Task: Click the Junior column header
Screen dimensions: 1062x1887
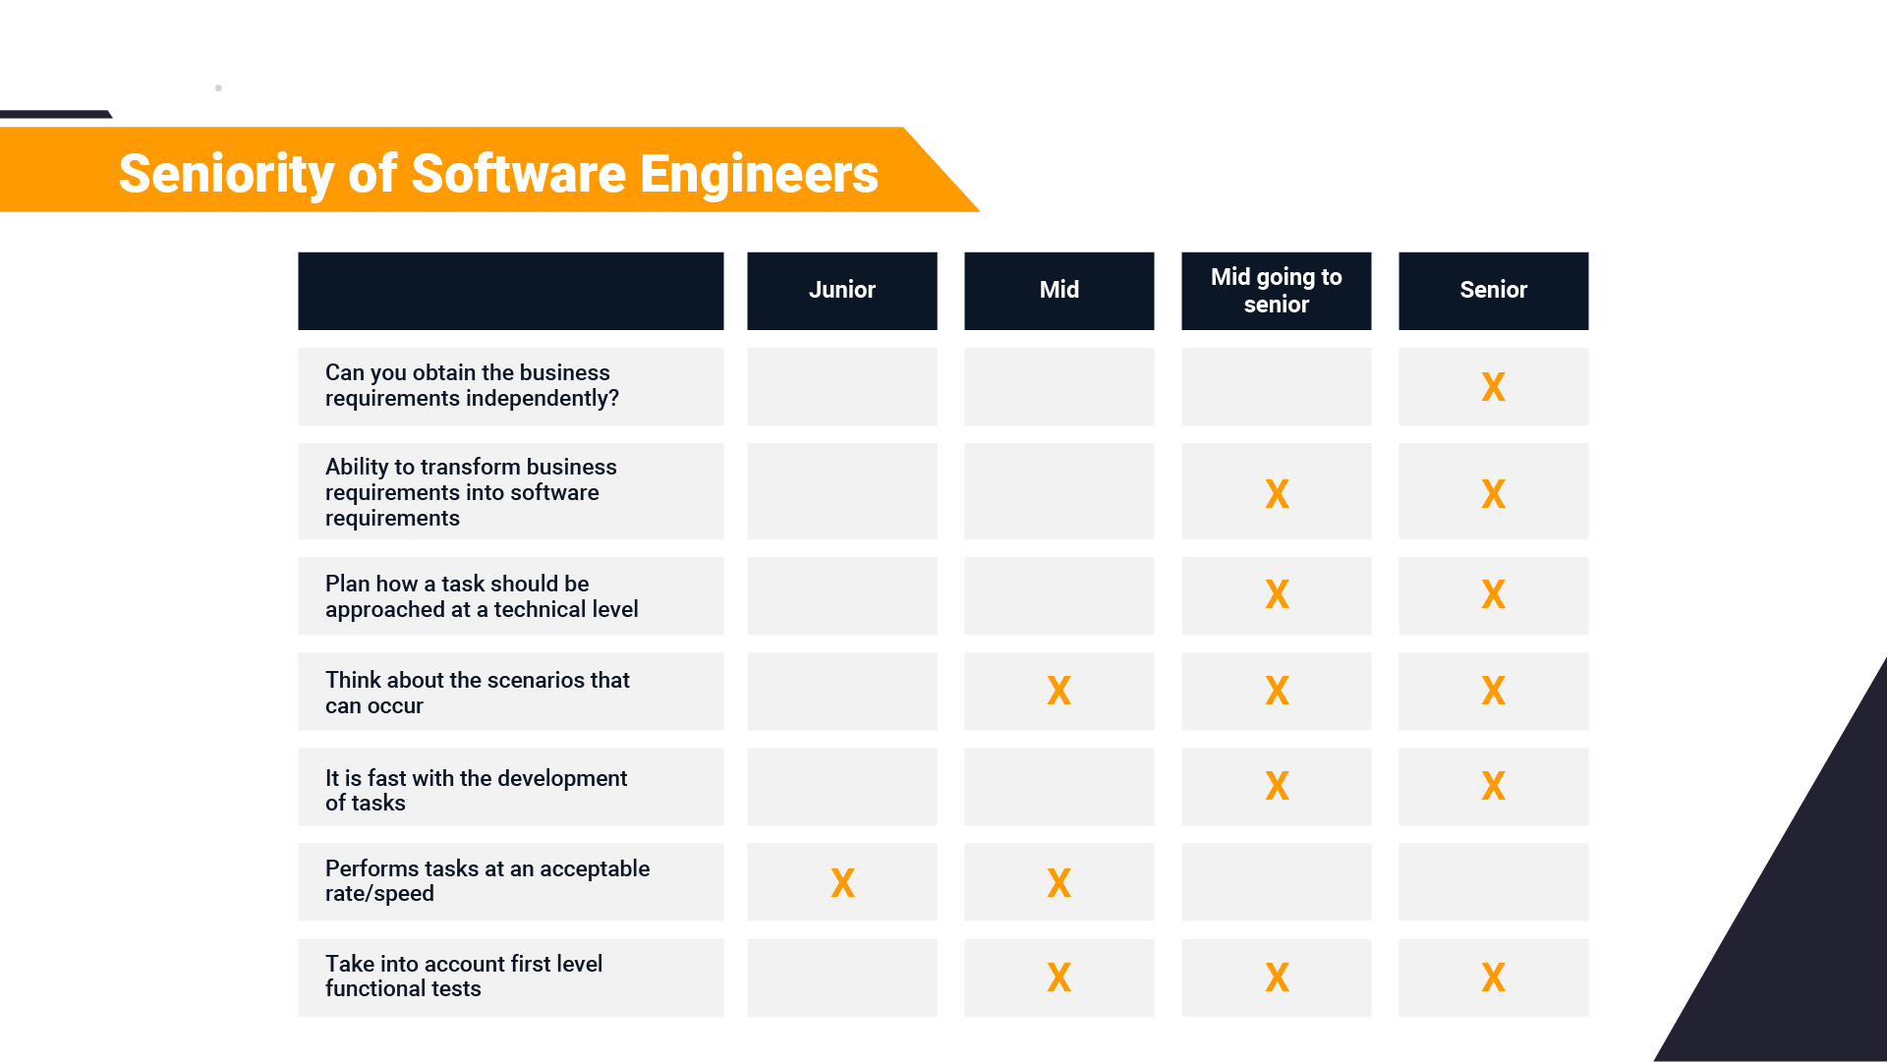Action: pyautogui.click(x=841, y=290)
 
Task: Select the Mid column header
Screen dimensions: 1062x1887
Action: pyautogui.click(x=1058, y=290)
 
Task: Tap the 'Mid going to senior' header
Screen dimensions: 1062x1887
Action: pyautogui.click(x=1276, y=290)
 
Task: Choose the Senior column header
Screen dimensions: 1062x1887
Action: pyautogui.click(x=1493, y=290)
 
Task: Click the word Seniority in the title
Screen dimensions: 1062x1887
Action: pyautogui.click(x=226, y=174)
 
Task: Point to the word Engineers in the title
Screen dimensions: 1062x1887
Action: pyautogui.click(x=759, y=174)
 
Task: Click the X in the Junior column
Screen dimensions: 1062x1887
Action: pyautogui.click(x=842, y=882)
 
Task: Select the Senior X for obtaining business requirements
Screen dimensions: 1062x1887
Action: pyautogui.click(x=1493, y=387)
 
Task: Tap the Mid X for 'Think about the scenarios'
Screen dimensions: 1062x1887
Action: pyautogui.click(x=1058, y=691)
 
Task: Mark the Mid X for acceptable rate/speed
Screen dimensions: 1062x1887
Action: pyautogui.click(x=1058, y=882)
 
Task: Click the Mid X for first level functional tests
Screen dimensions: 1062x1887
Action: pyautogui.click(x=1058, y=978)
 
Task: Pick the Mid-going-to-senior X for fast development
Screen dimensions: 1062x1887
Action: pyautogui.click(x=1277, y=786)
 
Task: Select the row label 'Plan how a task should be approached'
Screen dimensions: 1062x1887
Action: pyautogui.click(x=482, y=596)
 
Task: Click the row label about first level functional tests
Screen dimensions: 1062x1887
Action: pyautogui.click(x=463, y=977)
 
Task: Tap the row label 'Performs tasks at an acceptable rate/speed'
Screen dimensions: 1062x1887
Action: pyautogui.click(x=486, y=881)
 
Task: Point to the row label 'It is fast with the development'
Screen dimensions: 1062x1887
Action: pyautogui.click(x=476, y=790)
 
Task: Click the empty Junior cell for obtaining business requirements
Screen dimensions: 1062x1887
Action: pyautogui.click(x=841, y=387)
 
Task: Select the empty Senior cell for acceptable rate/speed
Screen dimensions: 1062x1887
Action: pyautogui.click(x=1493, y=882)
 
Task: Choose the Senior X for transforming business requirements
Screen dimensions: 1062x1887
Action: pyautogui.click(x=1493, y=493)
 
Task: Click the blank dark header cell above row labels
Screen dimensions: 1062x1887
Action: pyautogui.click(x=510, y=291)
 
